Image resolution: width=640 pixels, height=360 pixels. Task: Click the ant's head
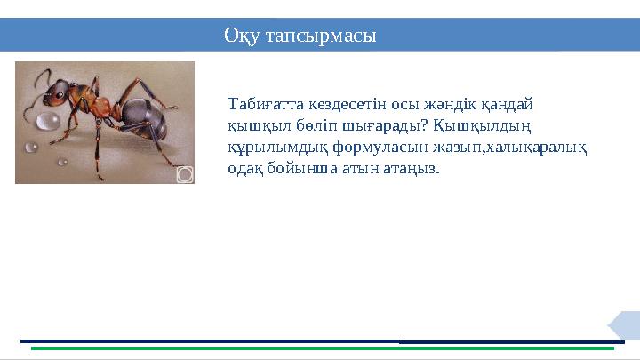pos(59,92)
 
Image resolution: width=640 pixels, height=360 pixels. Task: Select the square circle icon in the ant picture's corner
pos(184,174)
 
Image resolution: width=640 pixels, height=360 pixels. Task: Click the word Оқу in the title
pos(242,36)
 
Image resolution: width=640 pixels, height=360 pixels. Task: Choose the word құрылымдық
pos(271,147)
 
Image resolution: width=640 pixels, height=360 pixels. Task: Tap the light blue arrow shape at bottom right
pos(625,325)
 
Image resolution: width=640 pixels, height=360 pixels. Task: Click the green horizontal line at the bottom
pos(320,348)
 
